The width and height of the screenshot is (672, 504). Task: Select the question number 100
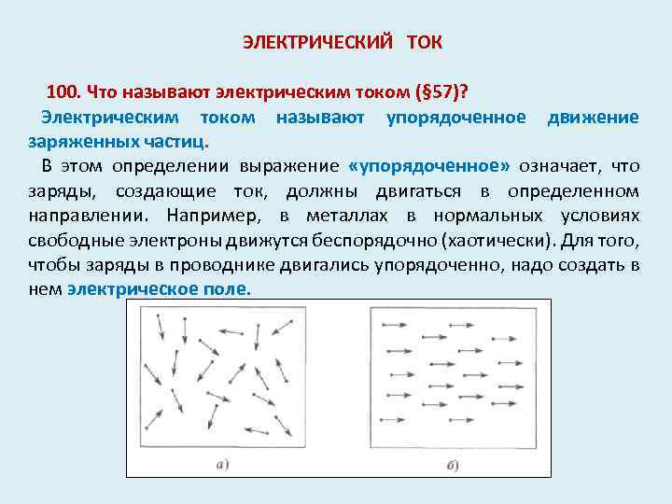63,92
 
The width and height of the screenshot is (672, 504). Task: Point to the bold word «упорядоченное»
427,166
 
